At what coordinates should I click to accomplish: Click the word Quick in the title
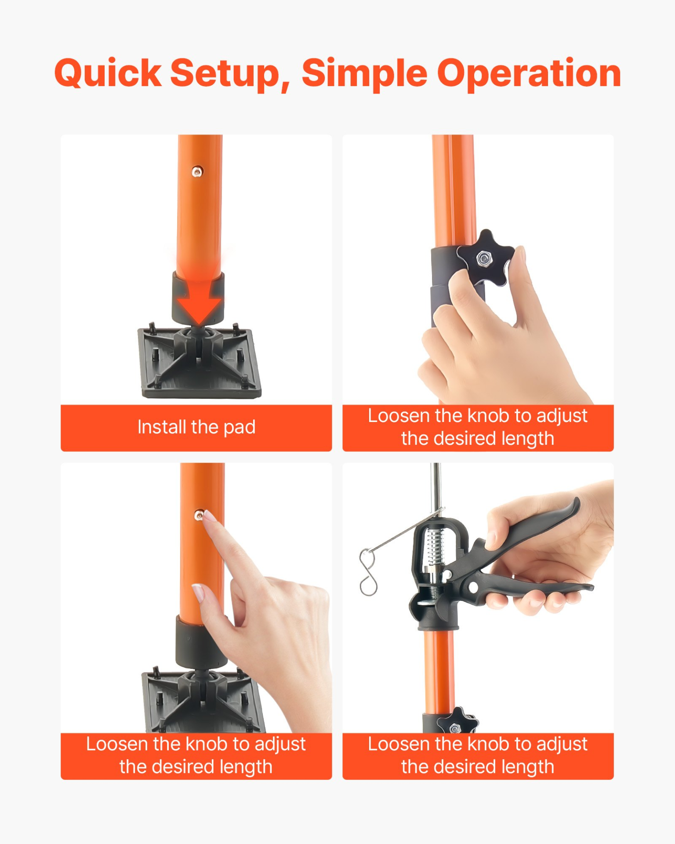click(x=108, y=73)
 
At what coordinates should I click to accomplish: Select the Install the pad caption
click(x=196, y=427)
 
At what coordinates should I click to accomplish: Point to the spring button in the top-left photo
click(x=197, y=171)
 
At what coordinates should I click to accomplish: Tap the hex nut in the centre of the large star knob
click(x=484, y=258)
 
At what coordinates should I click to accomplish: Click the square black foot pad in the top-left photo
click(x=200, y=365)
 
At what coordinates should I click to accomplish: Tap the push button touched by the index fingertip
click(x=199, y=515)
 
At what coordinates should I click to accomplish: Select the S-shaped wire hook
click(x=368, y=572)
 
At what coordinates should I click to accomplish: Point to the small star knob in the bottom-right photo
click(x=457, y=721)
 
